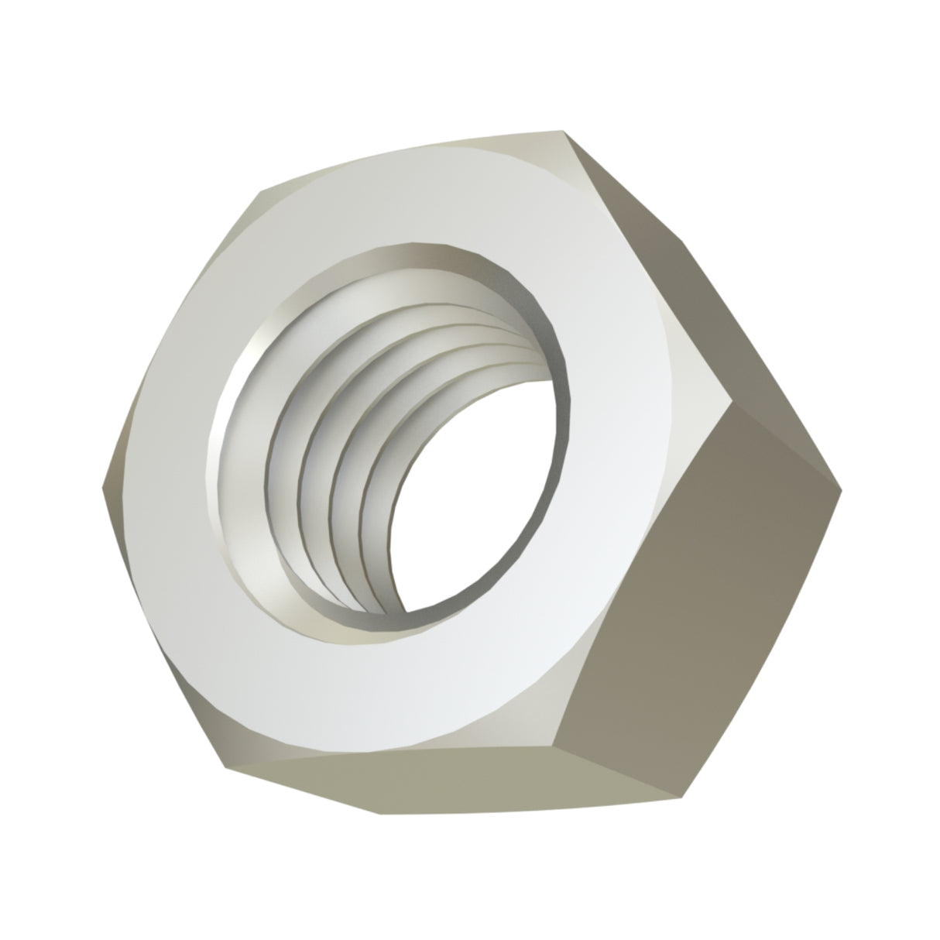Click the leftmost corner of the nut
click(102, 488)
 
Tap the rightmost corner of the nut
click(841, 489)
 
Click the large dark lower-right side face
click(697, 604)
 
